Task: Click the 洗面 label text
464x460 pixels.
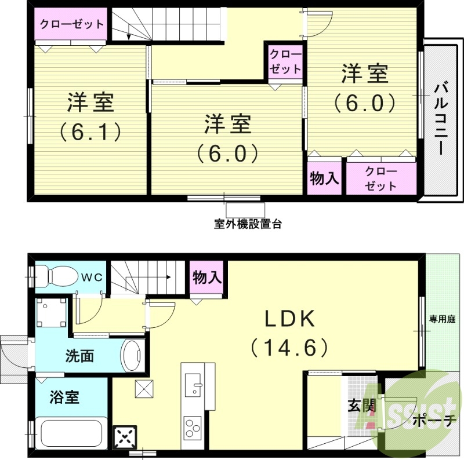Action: pyautogui.click(x=79, y=356)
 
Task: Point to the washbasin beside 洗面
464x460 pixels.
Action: pyautogui.click(x=133, y=355)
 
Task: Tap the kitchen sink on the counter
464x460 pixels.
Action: pyautogui.click(x=193, y=382)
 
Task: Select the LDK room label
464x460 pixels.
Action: pyautogui.click(x=289, y=319)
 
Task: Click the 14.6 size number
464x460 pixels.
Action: pyautogui.click(x=289, y=348)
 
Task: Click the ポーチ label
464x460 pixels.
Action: pyautogui.click(x=435, y=421)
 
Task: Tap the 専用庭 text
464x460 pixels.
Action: pyautogui.click(x=441, y=318)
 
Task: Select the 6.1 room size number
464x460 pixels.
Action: pyautogui.click(x=90, y=132)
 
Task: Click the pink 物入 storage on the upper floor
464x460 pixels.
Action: pyautogui.click(x=324, y=178)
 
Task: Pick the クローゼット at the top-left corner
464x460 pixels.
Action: pyautogui.click(x=71, y=24)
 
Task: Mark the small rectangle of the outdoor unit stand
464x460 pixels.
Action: pyautogui.click(x=245, y=210)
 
